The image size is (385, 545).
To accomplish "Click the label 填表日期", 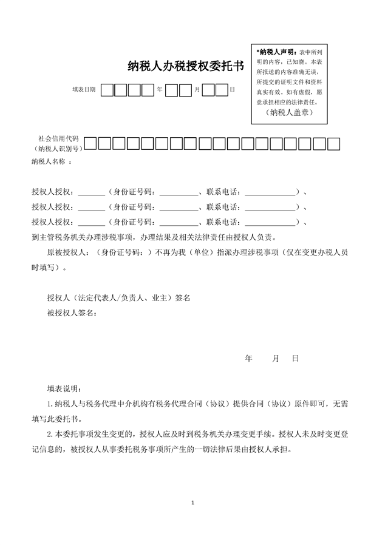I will click(x=84, y=89).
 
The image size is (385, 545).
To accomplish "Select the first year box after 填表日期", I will click(x=107, y=90).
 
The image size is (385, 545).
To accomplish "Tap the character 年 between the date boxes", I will click(x=160, y=89).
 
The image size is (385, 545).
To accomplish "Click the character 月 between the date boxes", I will click(x=197, y=89).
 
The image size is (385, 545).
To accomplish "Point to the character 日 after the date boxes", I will click(x=232, y=89).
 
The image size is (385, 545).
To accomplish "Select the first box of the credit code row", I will click(x=90, y=144).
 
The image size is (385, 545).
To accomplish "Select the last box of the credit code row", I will click(x=334, y=144).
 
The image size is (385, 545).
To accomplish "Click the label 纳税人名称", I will click(x=51, y=162).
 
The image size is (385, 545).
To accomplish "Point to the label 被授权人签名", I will click(x=72, y=313).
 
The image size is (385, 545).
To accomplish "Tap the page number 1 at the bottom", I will click(x=192, y=503).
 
